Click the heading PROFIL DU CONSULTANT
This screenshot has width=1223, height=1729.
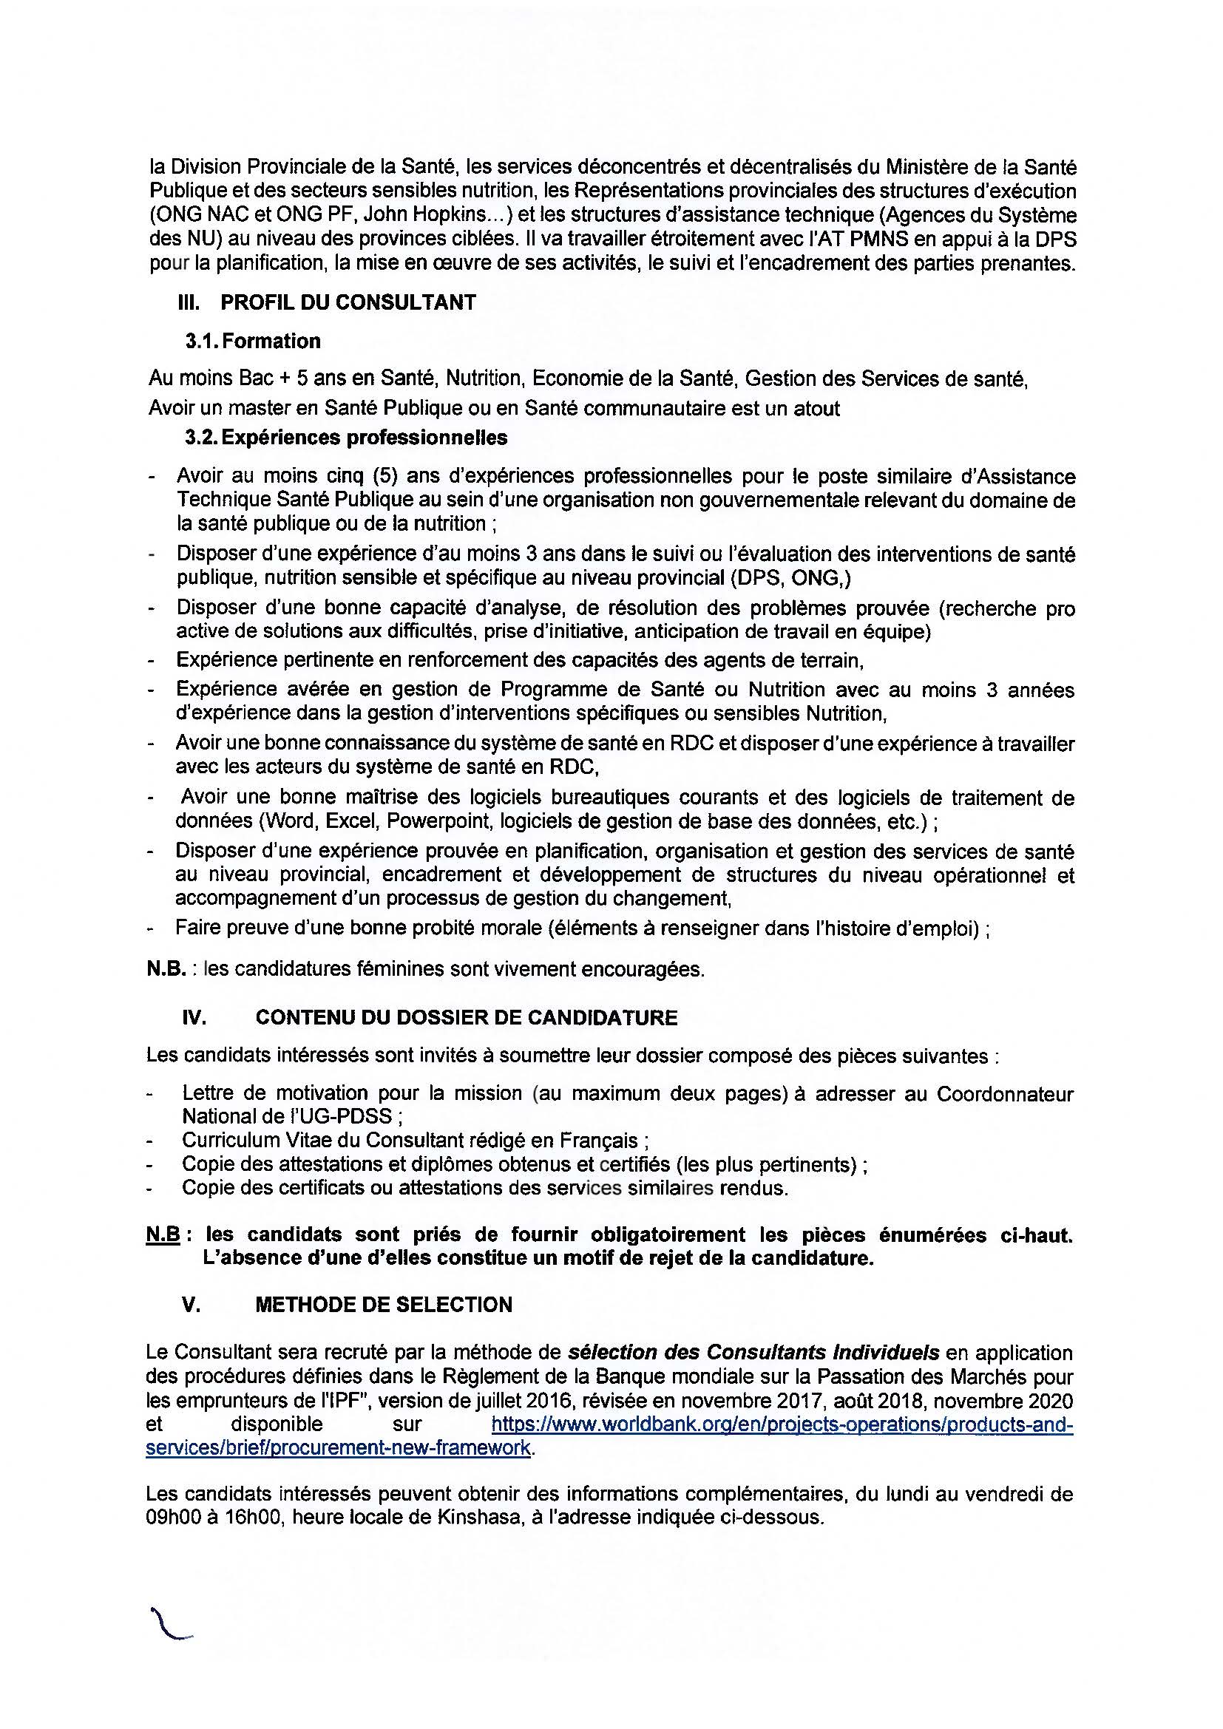tap(348, 303)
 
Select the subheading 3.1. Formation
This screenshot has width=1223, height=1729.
tap(253, 341)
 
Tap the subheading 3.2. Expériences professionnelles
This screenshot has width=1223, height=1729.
tap(346, 438)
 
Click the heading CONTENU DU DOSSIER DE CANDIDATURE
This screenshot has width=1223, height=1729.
tap(466, 1018)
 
